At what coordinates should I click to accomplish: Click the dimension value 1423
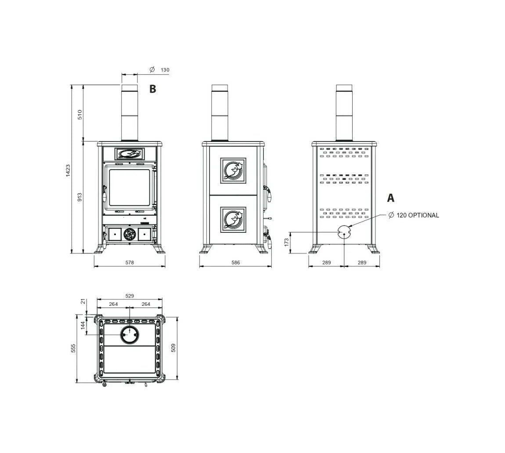click(x=68, y=170)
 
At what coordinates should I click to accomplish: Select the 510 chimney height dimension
click(x=80, y=114)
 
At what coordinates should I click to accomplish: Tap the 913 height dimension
click(x=80, y=197)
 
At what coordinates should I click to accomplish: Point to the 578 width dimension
click(x=130, y=263)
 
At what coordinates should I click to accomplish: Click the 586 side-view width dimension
click(x=236, y=263)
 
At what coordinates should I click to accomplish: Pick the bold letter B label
click(x=152, y=89)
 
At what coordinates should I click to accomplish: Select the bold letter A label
click(x=390, y=198)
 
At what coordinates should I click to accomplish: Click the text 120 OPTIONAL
click(x=418, y=215)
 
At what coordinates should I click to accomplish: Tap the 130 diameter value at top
click(x=165, y=70)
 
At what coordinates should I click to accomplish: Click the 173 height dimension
click(x=287, y=243)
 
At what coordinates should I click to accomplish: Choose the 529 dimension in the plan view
click(x=130, y=296)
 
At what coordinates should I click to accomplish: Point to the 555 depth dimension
click(x=74, y=348)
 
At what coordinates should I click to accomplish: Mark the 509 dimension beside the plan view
click(x=173, y=348)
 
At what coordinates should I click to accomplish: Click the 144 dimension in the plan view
click(x=83, y=325)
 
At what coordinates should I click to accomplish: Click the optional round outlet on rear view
click(x=344, y=232)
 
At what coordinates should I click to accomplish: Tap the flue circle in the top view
click(x=130, y=335)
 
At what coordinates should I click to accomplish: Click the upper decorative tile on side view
click(x=233, y=170)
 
